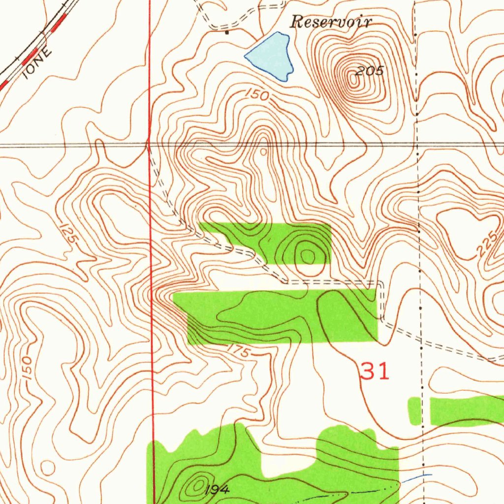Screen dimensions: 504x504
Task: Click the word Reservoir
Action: click(331, 22)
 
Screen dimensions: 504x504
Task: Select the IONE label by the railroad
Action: click(36, 63)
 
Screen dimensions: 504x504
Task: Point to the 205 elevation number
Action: click(370, 71)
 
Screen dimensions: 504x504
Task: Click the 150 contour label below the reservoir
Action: click(257, 95)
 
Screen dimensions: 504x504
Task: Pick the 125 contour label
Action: click(68, 232)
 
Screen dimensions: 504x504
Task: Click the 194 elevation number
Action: click(217, 489)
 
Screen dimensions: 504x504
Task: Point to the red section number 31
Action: click(375, 371)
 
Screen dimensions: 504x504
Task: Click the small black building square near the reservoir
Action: click(227, 33)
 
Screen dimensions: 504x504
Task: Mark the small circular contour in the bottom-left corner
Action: click(48, 467)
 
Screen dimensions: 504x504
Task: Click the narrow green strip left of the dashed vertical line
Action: click(415, 410)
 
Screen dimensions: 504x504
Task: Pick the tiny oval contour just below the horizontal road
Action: click(264, 152)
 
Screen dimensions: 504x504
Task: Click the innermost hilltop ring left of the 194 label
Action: click(199, 486)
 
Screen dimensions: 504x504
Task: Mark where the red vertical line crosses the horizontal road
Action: click(149, 145)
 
